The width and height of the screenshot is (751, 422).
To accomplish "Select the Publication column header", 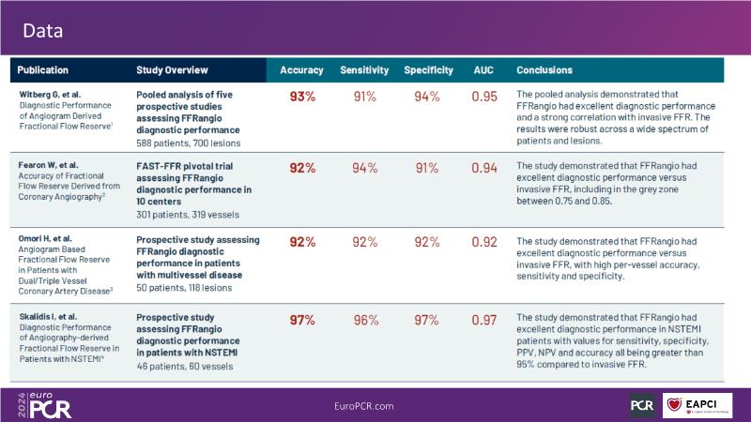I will click(48, 70).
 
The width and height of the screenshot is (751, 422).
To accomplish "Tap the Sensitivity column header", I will click(364, 70).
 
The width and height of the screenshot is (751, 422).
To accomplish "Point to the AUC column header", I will click(483, 70).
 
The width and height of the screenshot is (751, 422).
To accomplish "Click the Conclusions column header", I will click(544, 70).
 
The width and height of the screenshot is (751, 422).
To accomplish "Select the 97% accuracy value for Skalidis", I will click(302, 320).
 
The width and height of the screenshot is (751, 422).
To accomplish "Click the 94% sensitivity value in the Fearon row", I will click(364, 168).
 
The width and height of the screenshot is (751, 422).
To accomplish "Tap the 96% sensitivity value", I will click(364, 320).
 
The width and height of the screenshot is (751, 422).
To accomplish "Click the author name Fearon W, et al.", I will click(48, 164).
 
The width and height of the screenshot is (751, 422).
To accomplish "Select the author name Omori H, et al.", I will click(46, 237).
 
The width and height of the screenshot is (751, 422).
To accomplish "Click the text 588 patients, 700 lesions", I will click(189, 143).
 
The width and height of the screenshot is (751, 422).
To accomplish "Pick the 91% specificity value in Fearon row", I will click(427, 168).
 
